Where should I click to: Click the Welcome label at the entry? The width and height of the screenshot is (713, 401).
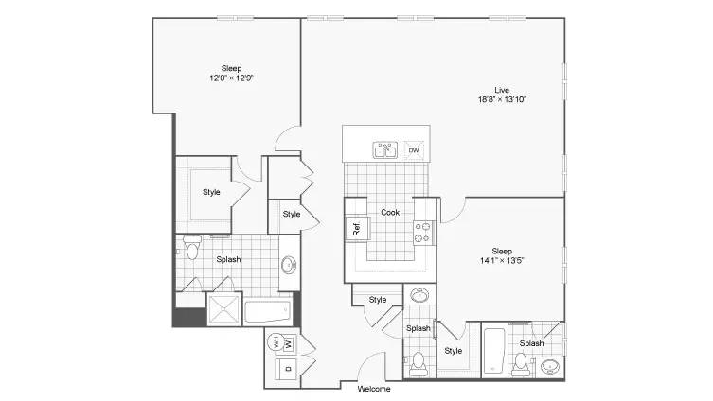[x=374, y=389]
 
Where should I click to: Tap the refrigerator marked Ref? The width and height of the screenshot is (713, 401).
[x=357, y=229]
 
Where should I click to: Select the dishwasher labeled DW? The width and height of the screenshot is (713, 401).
[x=414, y=150]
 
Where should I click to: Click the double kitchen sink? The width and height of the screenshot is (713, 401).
[x=385, y=149]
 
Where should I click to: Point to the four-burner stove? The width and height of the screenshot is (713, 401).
[x=422, y=233]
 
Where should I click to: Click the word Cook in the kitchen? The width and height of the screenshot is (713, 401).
[x=390, y=212]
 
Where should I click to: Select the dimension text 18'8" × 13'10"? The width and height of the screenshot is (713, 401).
[x=502, y=99]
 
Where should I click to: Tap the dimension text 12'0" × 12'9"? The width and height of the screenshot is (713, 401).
[x=231, y=78]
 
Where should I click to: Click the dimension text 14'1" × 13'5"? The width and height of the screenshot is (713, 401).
[x=502, y=261]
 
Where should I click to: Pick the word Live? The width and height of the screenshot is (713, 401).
[x=502, y=90]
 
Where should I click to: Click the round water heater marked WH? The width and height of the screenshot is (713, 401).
[x=276, y=342]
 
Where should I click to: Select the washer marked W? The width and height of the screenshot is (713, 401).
[x=289, y=343]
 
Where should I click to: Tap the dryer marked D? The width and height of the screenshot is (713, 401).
[x=288, y=369]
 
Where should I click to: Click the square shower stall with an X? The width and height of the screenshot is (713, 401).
[x=224, y=309]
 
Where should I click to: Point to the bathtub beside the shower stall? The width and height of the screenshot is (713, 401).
[x=268, y=311]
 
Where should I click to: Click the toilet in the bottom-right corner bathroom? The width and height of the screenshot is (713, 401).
[x=520, y=365]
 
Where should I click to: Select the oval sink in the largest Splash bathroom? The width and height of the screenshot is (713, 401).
[x=289, y=265]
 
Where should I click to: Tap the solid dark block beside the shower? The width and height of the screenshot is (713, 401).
[x=189, y=317]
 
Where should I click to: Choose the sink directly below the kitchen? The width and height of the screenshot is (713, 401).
[x=419, y=295]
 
